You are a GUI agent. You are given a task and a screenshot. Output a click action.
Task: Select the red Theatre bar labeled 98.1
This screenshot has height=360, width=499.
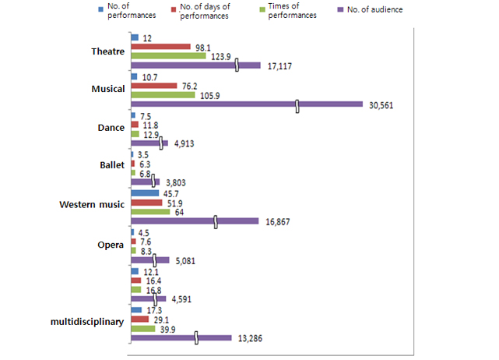click(160, 47)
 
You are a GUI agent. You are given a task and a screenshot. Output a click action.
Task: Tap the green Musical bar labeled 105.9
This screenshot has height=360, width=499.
click(163, 95)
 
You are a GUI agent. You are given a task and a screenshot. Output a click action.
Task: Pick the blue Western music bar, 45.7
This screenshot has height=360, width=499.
click(144, 192)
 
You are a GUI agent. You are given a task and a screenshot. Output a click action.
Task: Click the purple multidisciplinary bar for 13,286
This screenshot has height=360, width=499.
click(181, 337)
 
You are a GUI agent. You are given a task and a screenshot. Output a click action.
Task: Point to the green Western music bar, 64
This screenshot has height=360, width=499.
click(150, 211)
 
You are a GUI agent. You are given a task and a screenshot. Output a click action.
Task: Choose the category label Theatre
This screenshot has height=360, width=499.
click(108, 51)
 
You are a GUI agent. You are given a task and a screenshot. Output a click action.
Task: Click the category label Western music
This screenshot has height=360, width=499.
click(92, 204)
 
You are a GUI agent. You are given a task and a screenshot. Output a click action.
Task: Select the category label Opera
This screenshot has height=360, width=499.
click(111, 245)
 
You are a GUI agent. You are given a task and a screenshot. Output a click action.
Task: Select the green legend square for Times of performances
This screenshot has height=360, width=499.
click(250, 11)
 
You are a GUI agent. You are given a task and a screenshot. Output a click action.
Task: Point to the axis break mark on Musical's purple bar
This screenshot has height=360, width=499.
click(297, 104)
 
